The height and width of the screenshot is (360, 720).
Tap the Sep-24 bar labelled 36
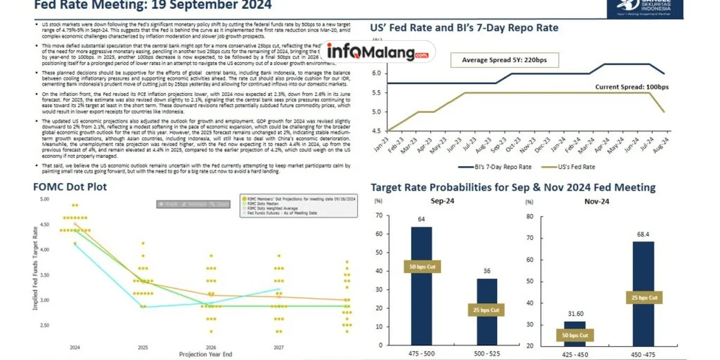click(487, 312)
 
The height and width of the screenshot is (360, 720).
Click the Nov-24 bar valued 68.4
click(643, 294)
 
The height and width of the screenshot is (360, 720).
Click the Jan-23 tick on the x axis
click(388, 143)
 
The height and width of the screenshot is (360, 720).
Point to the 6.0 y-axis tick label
click(376, 73)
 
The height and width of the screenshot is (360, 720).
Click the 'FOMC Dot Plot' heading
click(70, 187)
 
